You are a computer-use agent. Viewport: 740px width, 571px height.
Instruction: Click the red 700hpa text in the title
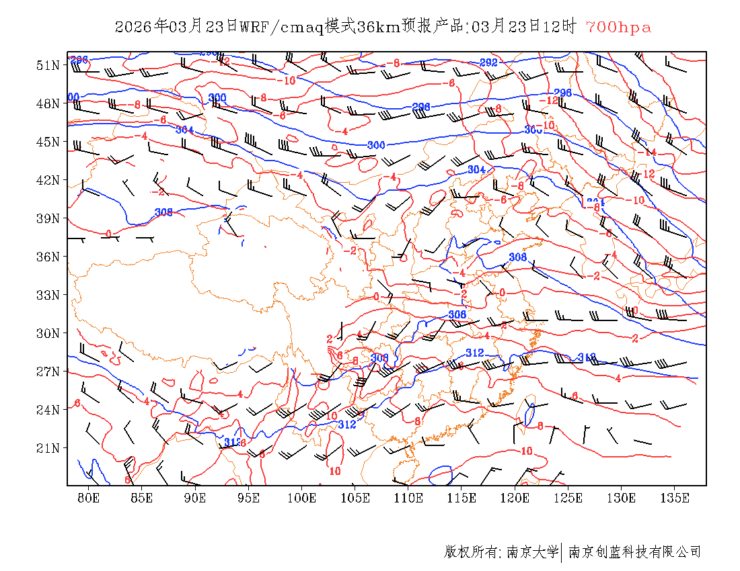click(x=618, y=27)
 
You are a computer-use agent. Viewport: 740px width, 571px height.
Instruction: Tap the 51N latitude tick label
click(x=47, y=65)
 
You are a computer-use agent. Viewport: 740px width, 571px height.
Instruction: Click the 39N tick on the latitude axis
click(x=47, y=218)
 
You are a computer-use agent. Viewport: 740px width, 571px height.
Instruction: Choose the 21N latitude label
click(x=47, y=448)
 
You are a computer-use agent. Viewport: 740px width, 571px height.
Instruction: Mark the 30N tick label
click(x=47, y=333)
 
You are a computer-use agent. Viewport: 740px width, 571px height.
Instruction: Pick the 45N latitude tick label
click(x=47, y=142)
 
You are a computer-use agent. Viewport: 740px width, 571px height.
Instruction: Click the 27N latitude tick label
click(x=47, y=371)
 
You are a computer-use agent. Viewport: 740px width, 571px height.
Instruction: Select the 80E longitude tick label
click(x=89, y=498)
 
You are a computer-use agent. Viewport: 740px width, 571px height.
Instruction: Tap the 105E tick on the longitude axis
click(x=355, y=498)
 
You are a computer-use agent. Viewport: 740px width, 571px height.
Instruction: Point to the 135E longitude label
click(x=675, y=498)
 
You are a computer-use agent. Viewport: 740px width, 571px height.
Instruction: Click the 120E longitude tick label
click(x=515, y=498)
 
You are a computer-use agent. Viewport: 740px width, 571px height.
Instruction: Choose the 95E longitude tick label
click(x=249, y=498)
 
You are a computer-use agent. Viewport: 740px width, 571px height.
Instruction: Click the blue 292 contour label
click(x=488, y=62)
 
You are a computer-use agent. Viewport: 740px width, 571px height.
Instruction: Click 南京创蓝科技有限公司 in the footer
click(x=634, y=552)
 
